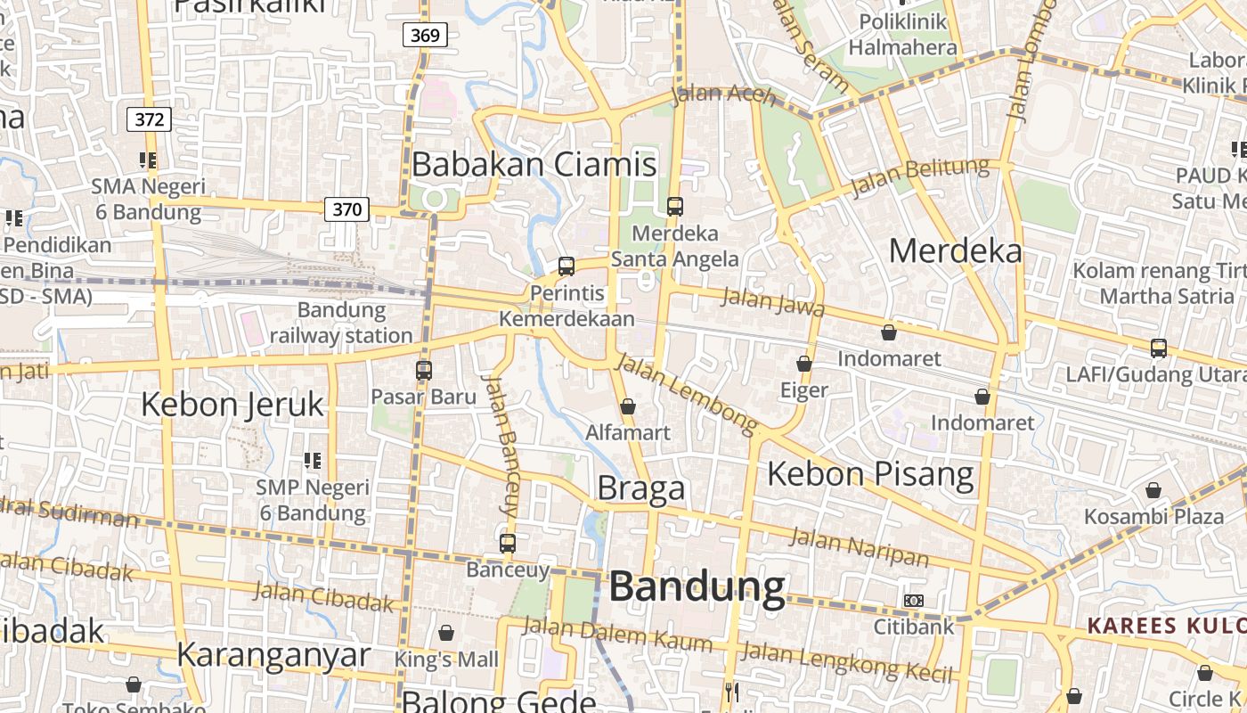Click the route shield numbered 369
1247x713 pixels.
(425, 36)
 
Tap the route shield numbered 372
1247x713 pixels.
(149, 119)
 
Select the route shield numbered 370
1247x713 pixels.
(346, 209)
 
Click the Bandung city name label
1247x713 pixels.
(697, 586)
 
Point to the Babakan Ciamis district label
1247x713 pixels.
(534, 164)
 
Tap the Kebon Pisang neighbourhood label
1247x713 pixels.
(870, 473)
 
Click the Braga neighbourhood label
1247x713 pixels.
(641, 488)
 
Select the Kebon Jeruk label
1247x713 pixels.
(232, 405)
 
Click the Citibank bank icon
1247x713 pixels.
(913, 601)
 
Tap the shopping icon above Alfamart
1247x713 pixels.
(628, 406)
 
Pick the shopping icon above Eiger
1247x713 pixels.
(804, 364)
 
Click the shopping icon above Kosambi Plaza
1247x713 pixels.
(1153, 490)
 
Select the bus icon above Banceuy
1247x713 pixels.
(508, 543)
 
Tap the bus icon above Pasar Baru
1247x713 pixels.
(424, 370)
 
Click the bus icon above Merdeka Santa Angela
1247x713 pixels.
(674, 207)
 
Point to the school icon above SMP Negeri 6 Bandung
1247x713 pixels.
(312, 461)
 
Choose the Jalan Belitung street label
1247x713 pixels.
(920, 176)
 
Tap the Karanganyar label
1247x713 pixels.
(273, 654)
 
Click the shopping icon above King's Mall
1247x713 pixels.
(446, 633)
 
